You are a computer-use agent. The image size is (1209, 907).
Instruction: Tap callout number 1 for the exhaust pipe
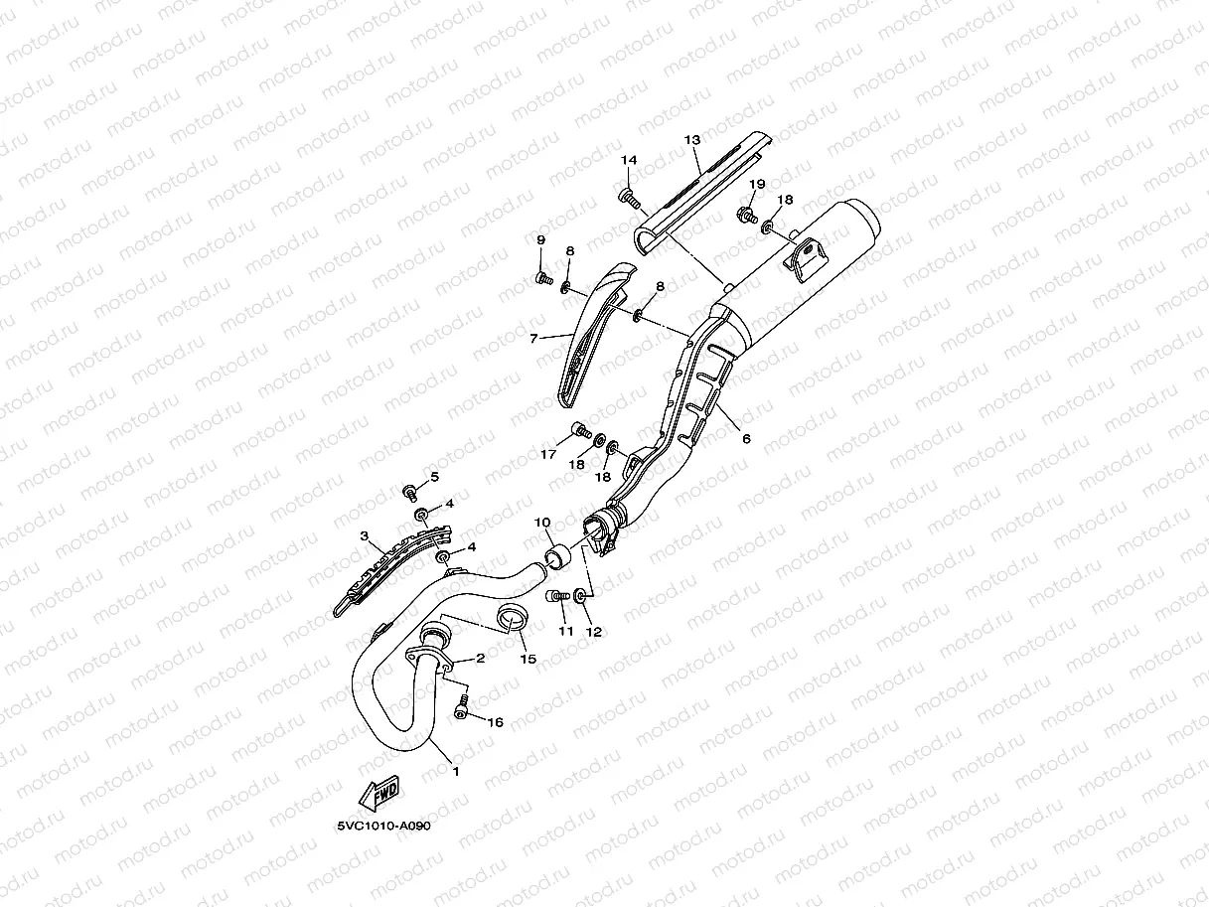click(x=456, y=770)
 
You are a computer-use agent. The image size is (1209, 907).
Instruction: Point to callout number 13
click(x=692, y=141)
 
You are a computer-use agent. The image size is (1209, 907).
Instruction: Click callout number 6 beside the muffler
click(x=745, y=437)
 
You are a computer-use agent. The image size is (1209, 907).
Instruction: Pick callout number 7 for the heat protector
click(x=533, y=339)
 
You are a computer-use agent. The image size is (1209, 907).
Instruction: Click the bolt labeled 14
click(x=629, y=197)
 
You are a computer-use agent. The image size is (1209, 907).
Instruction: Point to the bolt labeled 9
click(x=542, y=278)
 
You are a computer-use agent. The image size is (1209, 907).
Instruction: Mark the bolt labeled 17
click(x=578, y=431)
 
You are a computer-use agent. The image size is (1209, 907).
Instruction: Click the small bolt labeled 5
click(x=409, y=491)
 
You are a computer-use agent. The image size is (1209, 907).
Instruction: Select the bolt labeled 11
click(x=555, y=596)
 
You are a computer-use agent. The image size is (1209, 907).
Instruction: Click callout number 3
click(x=365, y=537)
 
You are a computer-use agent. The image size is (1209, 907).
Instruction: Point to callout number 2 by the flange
click(x=480, y=658)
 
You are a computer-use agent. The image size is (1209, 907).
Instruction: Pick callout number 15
click(x=527, y=659)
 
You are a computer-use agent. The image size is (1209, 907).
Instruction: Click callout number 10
click(x=542, y=522)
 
